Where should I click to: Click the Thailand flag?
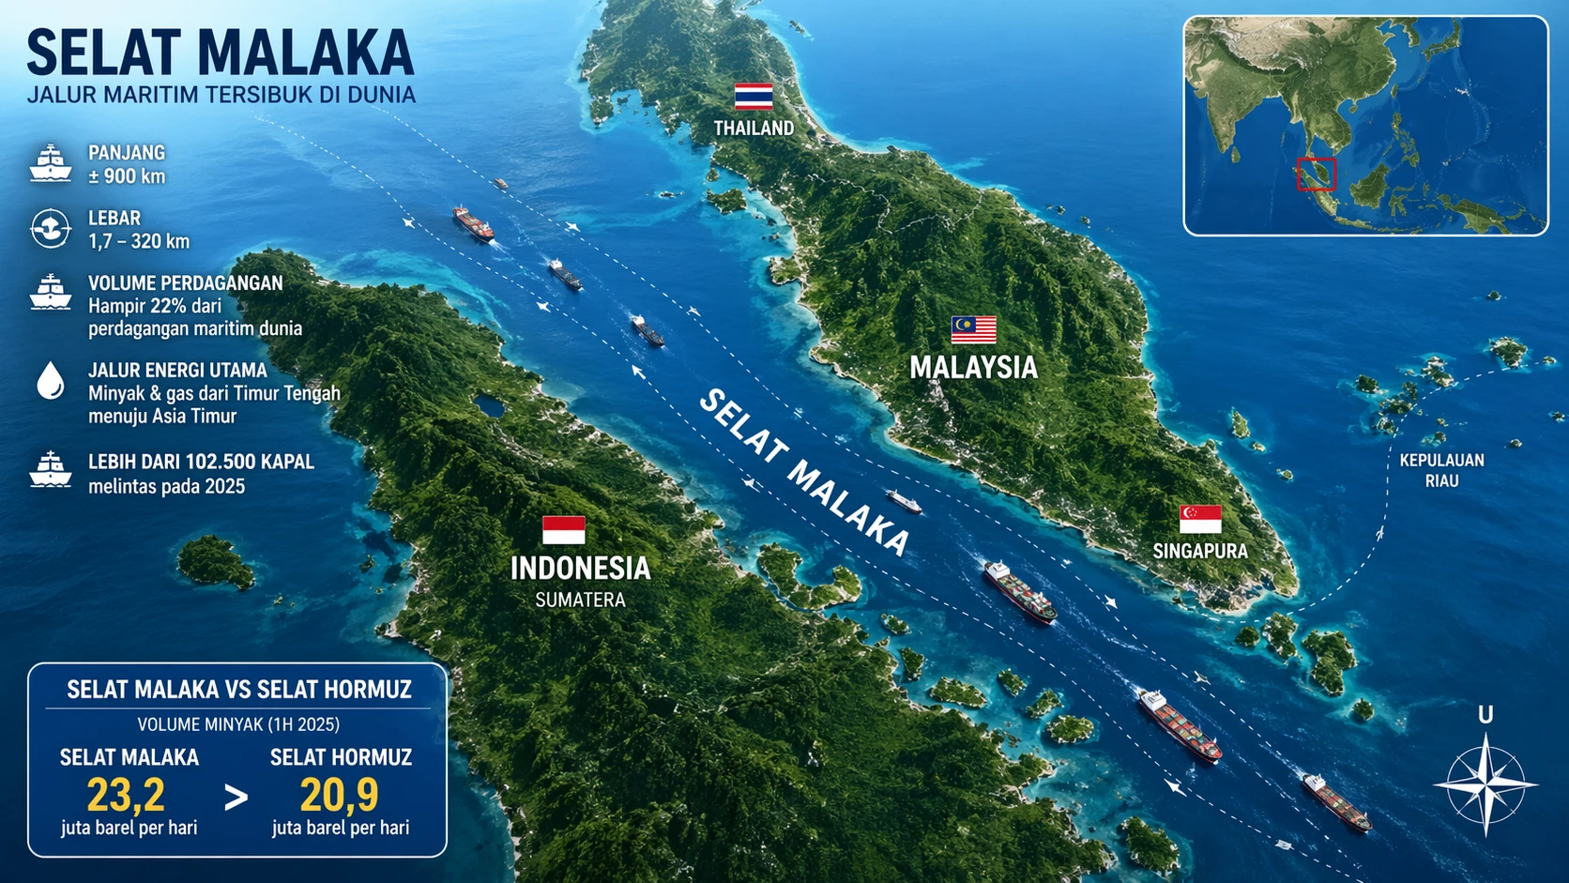pyautogui.click(x=754, y=97)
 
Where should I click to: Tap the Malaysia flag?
pyautogui.click(x=973, y=329)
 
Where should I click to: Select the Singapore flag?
pyautogui.click(x=1200, y=519)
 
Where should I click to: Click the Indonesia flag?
pyautogui.click(x=563, y=530)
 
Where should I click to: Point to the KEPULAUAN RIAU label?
pyautogui.click(x=1441, y=470)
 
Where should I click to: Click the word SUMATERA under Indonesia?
pyautogui.click(x=580, y=600)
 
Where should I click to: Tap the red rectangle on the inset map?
pyautogui.click(x=1316, y=175)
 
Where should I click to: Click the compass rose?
pyautogui.click(x=1485, y=784)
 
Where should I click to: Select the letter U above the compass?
pyautogui.click(x=1485, y=715)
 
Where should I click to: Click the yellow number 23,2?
pyautogui.click(x=126, y=796)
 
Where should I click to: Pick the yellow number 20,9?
pyautogui.click(x=340, y=796)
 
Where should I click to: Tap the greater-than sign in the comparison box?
pyautogui.click(x=236, y=798)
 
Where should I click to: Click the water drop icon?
pyautogui.click(x=51, y=381)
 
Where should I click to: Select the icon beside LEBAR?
pyautogui.click(x=51, y=228)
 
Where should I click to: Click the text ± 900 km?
pyautogui.click(x=127, y=176)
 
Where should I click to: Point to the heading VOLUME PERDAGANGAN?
pyautogui.click(x=185, y=283)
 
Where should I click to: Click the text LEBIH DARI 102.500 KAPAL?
pyautogui.click(x=201, y=462)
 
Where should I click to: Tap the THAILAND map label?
pyautogui.click(x=754, y=129)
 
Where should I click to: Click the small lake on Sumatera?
pyautogui.click(x=488, y=406)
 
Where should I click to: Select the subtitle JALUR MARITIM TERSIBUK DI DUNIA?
pyautogui.click(x=221, y=95)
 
